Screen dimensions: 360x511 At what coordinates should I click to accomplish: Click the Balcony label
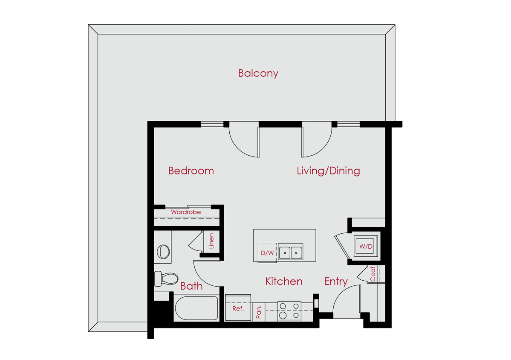[258, 73]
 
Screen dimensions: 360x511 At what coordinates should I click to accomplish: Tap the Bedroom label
[191, 171]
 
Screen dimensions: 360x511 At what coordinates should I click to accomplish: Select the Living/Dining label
[328, 171]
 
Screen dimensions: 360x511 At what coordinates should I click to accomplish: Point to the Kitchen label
[284, 282]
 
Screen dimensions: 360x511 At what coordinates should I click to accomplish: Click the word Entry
[336, 282]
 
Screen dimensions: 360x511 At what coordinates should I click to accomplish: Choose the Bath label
[191, 286]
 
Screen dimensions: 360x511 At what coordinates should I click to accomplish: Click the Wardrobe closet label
[186, 212]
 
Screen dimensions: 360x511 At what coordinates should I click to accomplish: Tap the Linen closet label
[211, 241]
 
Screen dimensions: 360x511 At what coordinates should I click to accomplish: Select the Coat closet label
[372, 274]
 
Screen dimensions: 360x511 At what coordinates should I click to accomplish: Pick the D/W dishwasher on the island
[267, 253]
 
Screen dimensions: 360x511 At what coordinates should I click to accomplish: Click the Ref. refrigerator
[238, 308]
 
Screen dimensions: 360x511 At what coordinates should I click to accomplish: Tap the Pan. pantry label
[258, 312]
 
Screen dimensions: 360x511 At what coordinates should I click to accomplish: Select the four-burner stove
[289, 311]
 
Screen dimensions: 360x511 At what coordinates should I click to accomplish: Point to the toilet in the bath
[165, 279]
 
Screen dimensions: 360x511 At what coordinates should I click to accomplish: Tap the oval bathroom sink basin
[163, 251]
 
